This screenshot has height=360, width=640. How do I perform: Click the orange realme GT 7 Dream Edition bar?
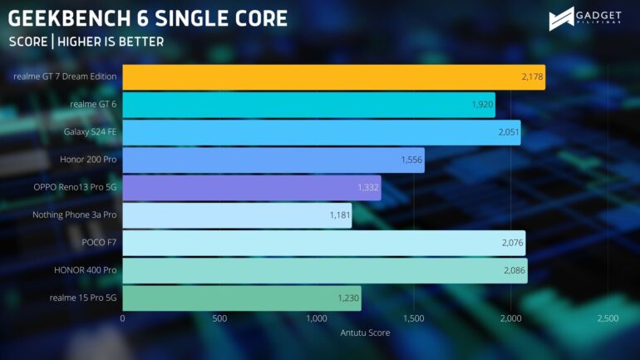coord(332,77)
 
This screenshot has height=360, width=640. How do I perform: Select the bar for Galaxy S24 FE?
coord(321,132)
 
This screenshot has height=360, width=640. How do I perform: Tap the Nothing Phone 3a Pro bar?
coord(237,215)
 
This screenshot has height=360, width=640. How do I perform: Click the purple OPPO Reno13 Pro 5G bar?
coord(251,188)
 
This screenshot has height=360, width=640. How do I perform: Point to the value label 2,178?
coord(532,77)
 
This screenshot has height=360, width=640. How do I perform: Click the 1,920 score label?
coord(482,105)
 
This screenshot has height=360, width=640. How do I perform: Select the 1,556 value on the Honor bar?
coord(411,160)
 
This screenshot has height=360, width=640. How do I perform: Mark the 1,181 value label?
coord(341,215)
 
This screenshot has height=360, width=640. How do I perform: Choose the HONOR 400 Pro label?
coord(86,271)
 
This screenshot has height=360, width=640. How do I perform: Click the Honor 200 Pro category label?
coord(88,160)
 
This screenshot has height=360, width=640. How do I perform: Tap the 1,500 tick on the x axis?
coord(413,318)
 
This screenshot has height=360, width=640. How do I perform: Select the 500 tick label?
coord(219,318)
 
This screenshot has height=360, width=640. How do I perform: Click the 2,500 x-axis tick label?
coord(607,318)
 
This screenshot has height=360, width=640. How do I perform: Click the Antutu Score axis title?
coord(365,333)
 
